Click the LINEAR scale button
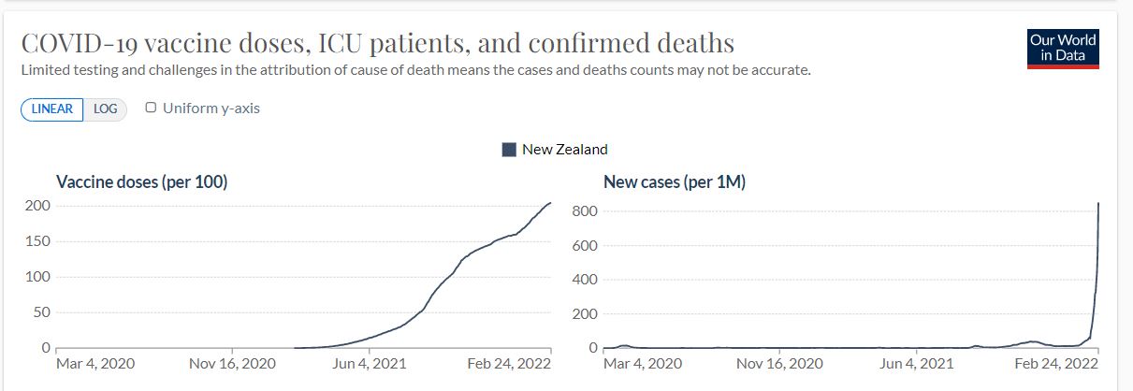click(52, 109)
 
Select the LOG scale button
click(106, 109)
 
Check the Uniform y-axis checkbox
click(151, 108)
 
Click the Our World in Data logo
click(1062, 48)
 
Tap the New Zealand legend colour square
click(510, 150)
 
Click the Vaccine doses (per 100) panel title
click(142, 182)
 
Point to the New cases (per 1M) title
click(675, 182)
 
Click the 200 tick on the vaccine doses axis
click(37, 206)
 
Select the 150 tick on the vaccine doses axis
click(37, 241)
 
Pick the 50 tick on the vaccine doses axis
click(41, 312)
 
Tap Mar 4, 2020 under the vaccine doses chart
click(95, 363)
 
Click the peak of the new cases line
click(1098, 204)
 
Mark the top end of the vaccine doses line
click(551, 203)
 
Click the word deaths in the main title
click(688, 44)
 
